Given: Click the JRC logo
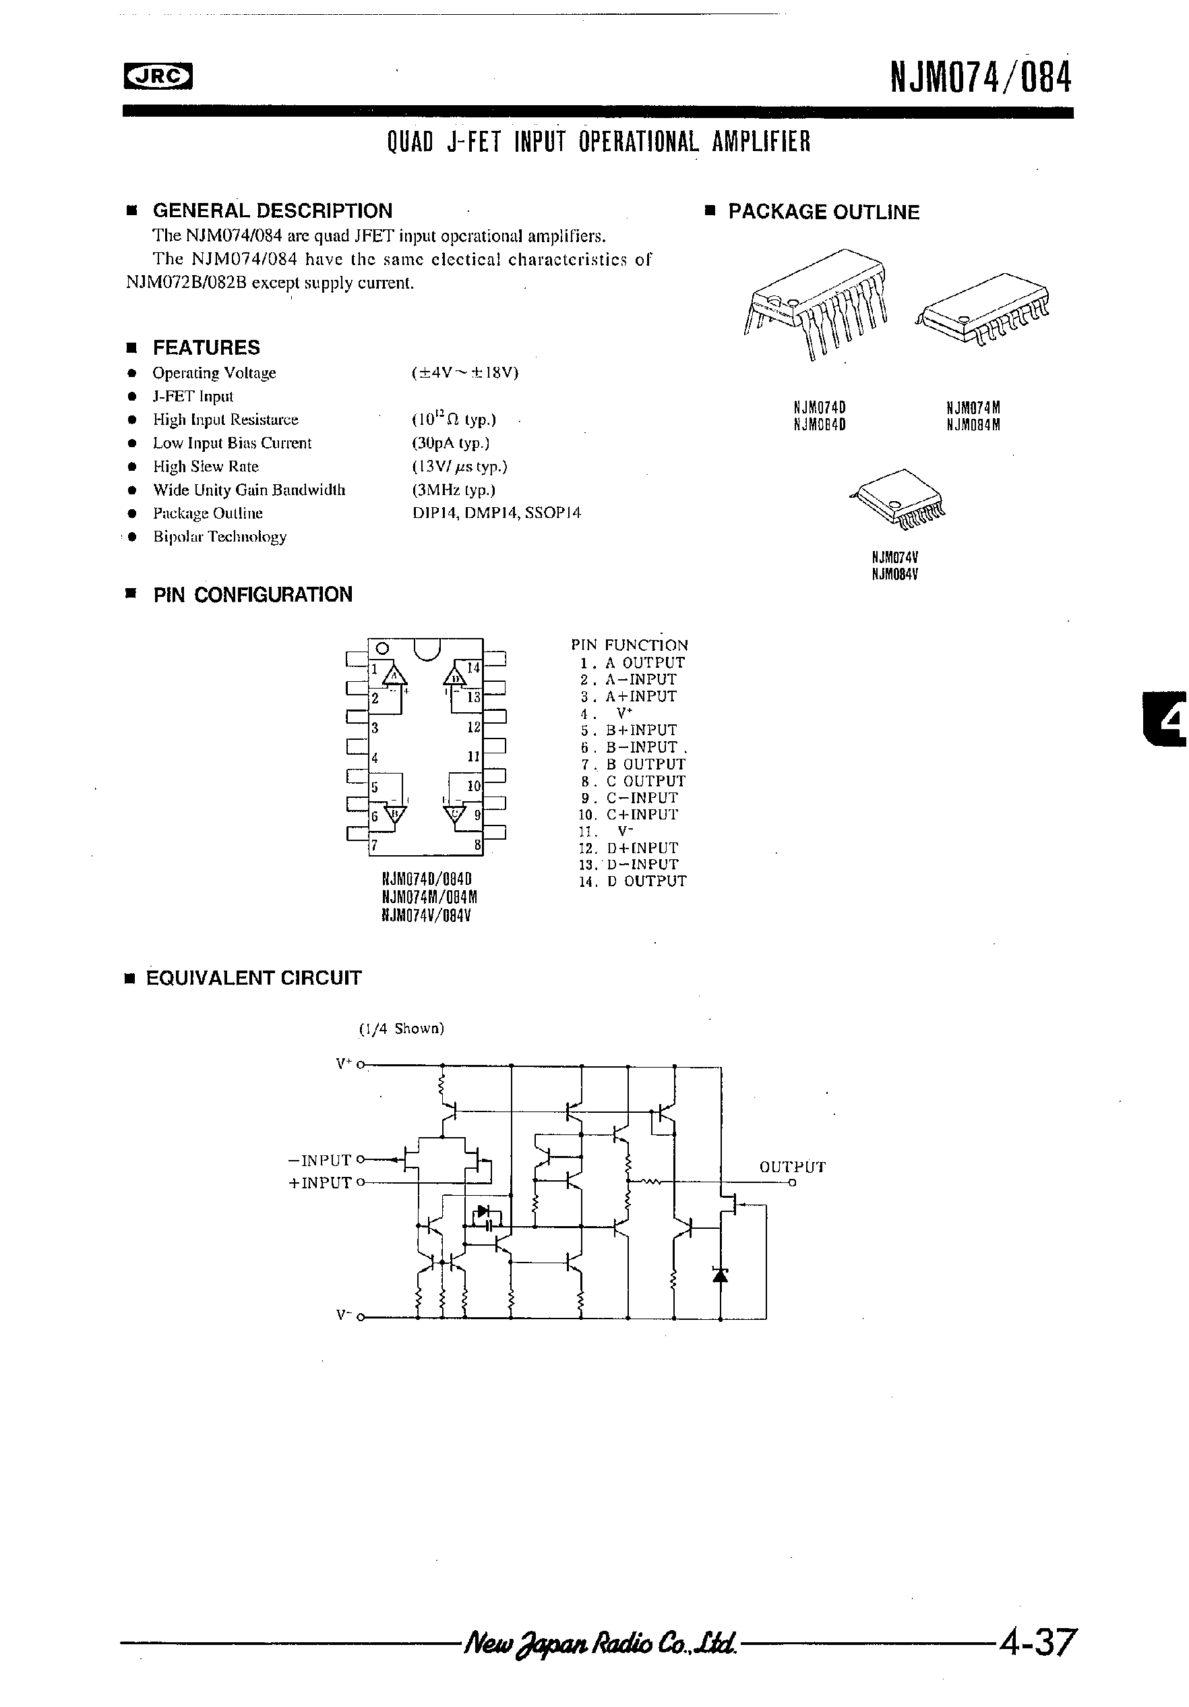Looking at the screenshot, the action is [x=158, y=76].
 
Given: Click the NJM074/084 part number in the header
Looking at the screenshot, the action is [x=980, y=78].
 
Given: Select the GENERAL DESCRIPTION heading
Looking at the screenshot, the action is [x=272, y=210].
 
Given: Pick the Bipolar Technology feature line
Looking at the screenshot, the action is [x=219, y=537].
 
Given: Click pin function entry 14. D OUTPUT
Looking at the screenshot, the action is [x=633, y=881].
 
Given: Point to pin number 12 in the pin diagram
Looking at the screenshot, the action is [x=473, y=727].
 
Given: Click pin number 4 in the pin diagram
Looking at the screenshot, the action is [x=375, y=757].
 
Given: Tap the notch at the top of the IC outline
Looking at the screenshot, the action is [x=427, y=649].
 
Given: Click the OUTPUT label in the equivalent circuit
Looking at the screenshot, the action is [x=792, y=1167].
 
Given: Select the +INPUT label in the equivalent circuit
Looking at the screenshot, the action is [x=319, y=1183].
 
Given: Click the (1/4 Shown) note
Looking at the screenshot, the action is [x=401, y=1029].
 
